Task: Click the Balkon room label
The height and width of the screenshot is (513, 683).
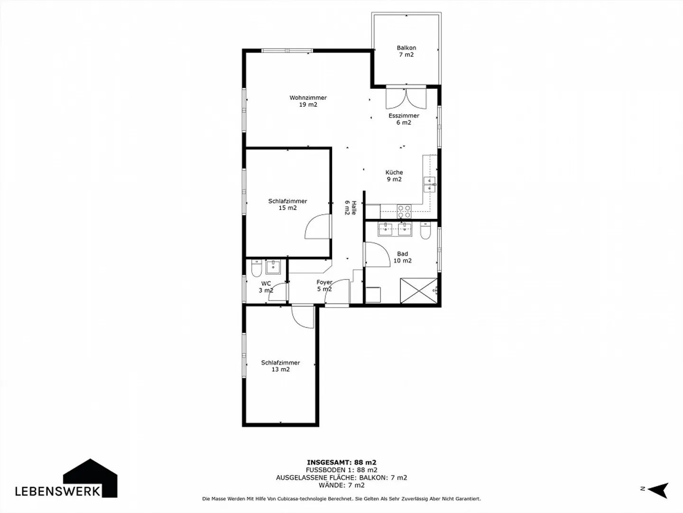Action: [406, 51]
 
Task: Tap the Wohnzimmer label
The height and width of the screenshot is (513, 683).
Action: [308, 101]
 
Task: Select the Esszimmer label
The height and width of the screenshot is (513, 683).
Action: [404, 119]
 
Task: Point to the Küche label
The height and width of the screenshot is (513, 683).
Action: [394, 176]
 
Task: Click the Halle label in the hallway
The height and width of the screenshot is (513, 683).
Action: [350, 207]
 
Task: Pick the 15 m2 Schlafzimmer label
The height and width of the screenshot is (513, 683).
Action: [287, 205]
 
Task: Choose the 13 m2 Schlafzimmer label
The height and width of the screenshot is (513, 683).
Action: [280, 366]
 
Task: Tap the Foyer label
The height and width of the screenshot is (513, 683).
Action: [324, 286]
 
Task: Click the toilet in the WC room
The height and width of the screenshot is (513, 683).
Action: [256, 269]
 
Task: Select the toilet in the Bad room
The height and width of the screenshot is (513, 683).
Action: [425, 231]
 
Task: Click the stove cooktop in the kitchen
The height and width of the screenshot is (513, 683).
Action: [404, 211]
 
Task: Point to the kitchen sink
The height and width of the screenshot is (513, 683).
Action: [429, 184]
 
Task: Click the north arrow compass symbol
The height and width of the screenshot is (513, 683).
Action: [658, 489]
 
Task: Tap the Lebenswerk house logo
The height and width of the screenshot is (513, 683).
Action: [91, 478]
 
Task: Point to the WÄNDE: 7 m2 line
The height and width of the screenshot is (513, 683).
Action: [341, 485]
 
